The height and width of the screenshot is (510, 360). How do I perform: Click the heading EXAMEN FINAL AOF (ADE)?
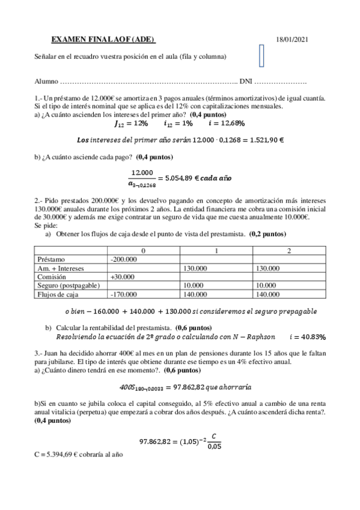pos(103,40)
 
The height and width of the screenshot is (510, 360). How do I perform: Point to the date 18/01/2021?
pos(292,40)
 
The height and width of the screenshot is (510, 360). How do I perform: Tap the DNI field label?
pos(245,81)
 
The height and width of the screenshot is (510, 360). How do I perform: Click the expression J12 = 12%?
pos(131,123)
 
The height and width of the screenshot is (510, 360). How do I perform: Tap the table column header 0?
pos(143,250)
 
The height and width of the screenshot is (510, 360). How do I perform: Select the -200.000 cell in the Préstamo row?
pos(124,259)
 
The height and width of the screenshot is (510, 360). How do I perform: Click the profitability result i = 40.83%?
pos(307,336)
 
